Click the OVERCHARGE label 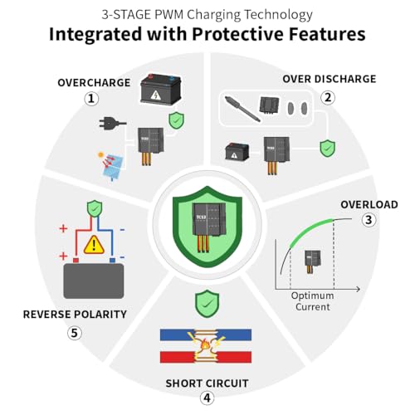coord(94,83)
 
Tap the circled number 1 coord(91,99)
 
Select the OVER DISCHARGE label coord(330,79)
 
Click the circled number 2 coord(328,97)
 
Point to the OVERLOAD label coord(369,205)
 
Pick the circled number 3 coord(369,220)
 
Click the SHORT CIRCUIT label coord(207,383)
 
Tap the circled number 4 coord(207,398)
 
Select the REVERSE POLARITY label coord(75,315)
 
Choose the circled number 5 coord(75,333)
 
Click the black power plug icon coord(112,122)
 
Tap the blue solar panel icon coord(112,166)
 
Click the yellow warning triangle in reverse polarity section coord(94,245)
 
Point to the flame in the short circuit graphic coord(205,345)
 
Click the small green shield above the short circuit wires coord(207,304)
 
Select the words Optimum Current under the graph coord(313,301)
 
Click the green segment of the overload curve coord(310,230)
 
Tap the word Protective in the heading coord(238,34)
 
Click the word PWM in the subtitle coord(169,15)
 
